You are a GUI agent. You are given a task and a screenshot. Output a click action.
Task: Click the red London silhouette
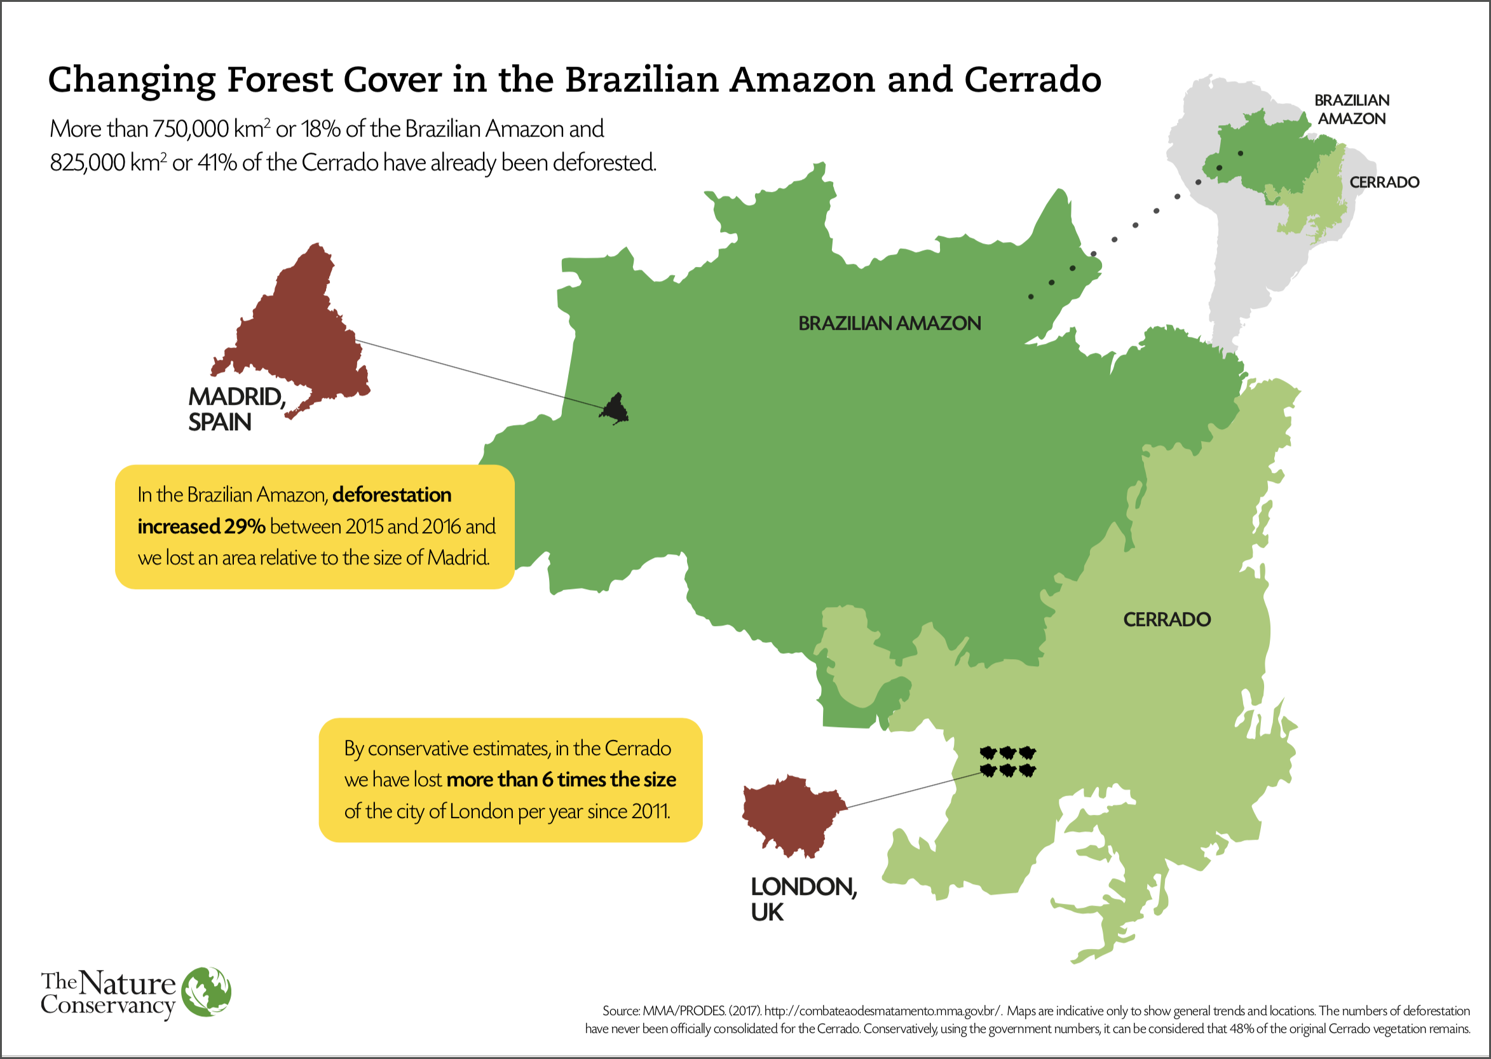793,815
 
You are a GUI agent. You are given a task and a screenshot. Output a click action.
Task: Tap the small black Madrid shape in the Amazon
615,409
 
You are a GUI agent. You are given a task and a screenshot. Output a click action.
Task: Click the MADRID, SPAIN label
236,409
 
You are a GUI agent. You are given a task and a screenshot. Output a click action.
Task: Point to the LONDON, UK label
803,899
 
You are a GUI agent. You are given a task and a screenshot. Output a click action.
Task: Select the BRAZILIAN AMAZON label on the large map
889,324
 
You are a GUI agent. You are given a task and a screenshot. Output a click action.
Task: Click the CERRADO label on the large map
1166,620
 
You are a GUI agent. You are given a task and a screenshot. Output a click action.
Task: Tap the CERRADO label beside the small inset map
1384,182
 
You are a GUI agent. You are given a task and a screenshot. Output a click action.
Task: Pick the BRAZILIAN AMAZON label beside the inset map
1351,109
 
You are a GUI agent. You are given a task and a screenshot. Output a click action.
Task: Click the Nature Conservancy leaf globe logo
207,992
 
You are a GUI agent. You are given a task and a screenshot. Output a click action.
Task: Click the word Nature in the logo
128,983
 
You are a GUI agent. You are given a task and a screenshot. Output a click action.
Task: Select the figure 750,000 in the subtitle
191,129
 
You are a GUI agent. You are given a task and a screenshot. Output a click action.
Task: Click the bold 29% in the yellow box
245,526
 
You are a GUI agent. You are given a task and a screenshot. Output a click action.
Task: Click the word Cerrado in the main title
1032,79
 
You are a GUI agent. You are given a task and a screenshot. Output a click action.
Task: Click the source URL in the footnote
882,1011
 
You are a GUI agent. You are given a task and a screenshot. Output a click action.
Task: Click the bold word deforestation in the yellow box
392,495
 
